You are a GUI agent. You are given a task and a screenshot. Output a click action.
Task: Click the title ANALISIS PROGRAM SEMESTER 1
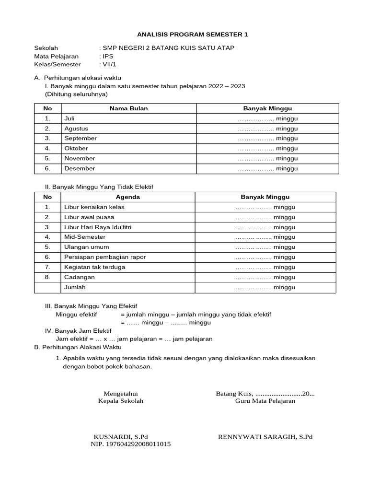(193, 35)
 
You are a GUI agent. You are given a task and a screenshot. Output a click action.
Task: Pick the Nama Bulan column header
(128, 108)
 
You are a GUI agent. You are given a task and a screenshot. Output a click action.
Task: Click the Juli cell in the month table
(70, 118)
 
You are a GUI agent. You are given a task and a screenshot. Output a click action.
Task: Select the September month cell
(80, 138)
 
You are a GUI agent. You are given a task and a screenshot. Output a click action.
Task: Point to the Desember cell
(80, 168)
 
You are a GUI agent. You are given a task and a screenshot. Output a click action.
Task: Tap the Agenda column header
(128, 197)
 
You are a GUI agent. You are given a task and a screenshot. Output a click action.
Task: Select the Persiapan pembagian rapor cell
(105, 257)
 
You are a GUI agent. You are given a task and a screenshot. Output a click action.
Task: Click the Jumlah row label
(75, 287)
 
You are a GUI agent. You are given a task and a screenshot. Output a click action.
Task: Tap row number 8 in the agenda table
(47, 277)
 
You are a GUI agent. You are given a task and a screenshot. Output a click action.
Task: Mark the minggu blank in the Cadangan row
(265, 277)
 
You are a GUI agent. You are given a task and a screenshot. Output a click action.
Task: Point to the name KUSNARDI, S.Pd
(121, 437)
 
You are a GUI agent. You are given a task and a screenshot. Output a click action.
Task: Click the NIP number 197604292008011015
(131, 444)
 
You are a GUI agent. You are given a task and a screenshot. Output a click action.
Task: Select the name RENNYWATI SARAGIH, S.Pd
(265, 437)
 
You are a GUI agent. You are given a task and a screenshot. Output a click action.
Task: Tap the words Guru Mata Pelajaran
(265, 401)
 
